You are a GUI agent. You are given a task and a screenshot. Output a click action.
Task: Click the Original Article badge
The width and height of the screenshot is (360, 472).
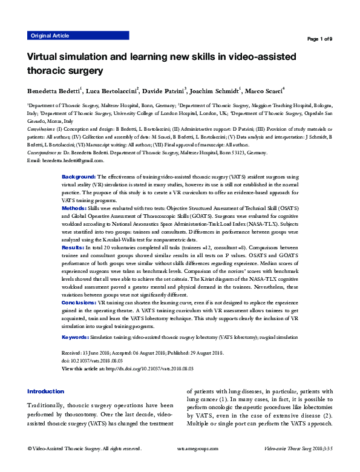[49, 36]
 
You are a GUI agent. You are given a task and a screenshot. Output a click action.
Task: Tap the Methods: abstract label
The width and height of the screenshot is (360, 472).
[74, 207]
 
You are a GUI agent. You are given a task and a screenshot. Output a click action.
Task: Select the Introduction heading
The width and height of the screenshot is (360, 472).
[45, 392]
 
